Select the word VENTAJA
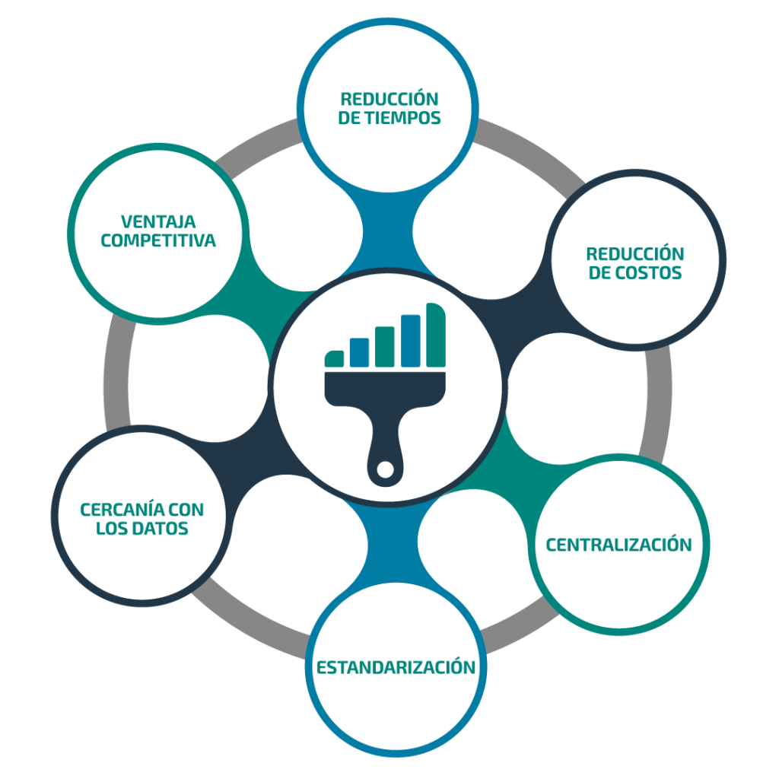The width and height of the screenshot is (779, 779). coord(158,221)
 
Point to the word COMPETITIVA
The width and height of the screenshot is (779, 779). coord(158,240)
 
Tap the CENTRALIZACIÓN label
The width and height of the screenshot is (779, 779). coord(618,545)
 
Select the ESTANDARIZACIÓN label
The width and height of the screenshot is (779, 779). coord(396,666)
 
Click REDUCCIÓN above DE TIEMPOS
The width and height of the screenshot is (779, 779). coord(389,99)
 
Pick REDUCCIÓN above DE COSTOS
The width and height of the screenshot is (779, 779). coord(635,253)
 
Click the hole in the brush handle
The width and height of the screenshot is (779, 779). coord(385,469)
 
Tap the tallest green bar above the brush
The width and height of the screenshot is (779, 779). coord(436,335)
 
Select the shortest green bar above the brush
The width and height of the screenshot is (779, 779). coord(334,359)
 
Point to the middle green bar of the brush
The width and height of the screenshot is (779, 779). coord(384,347)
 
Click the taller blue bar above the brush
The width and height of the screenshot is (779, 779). coord(410,341)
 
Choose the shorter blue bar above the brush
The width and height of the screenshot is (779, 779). coord(359,353)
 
